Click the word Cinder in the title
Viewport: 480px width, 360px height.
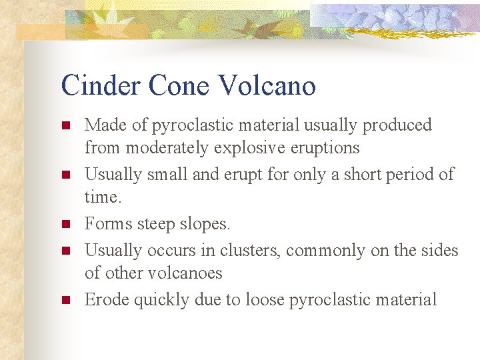tap(100, 86)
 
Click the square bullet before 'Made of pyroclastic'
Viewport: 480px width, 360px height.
tap(65, 125)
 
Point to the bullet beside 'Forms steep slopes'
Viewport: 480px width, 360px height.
tap(65, 225)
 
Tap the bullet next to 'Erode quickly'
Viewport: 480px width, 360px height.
tap(65, 301)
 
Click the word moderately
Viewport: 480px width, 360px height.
tap(165, 148)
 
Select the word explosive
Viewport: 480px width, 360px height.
tap(243, 148)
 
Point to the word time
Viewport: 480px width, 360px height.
tap(101, 197)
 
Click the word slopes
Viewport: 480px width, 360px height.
tap(206, 225)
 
